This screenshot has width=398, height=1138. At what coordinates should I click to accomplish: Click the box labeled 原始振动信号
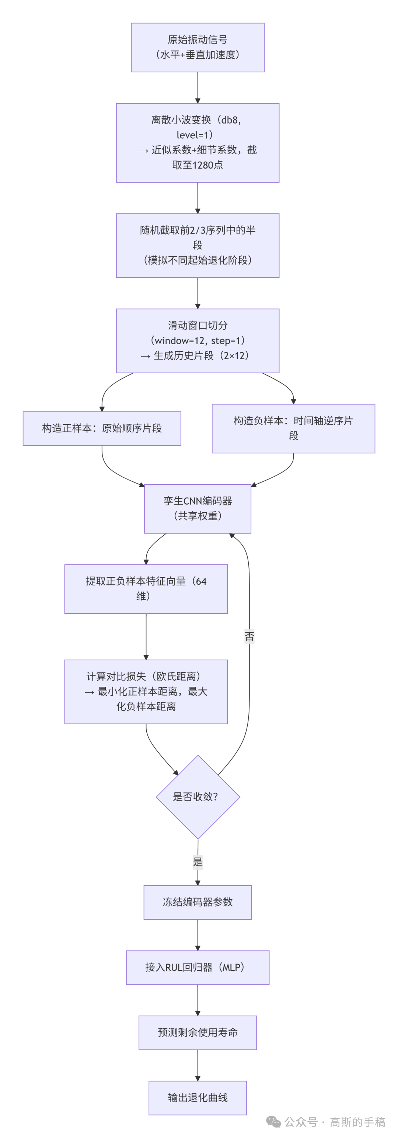click(x=197, y=47)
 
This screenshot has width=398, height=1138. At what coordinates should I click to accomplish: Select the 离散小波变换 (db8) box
click(x=197, y=142)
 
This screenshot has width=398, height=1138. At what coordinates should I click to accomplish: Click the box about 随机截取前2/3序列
click(x=197, y=245)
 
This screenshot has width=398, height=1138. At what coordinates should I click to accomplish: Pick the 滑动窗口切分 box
click(x=197, y=340)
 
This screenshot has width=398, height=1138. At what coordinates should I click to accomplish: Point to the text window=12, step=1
click(x=198, y=340)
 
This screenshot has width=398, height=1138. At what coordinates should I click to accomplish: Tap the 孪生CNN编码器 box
click(x=197, y=508)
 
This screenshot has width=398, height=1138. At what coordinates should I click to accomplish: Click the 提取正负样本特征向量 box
click(x=146, y=588)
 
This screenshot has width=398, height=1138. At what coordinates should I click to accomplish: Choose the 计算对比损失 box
click(x=146, y=691)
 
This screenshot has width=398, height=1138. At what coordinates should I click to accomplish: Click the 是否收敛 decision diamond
click(x=198, y=796)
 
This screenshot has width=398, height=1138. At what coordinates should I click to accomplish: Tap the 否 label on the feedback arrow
click(x=249, y=636)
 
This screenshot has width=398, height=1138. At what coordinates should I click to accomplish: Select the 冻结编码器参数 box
click(x=197, y=902)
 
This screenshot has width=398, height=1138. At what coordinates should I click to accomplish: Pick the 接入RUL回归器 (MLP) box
click(x=197, y=967)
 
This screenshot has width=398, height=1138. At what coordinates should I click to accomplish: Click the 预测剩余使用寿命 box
click(x=197, y=1032)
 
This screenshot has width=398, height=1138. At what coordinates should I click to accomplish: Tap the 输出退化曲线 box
click(x=197, y=1097)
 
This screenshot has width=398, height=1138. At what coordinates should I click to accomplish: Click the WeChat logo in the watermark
click(x=273, y=1122)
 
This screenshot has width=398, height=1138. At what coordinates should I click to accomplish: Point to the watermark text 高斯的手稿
click(x=357, y=1122)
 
